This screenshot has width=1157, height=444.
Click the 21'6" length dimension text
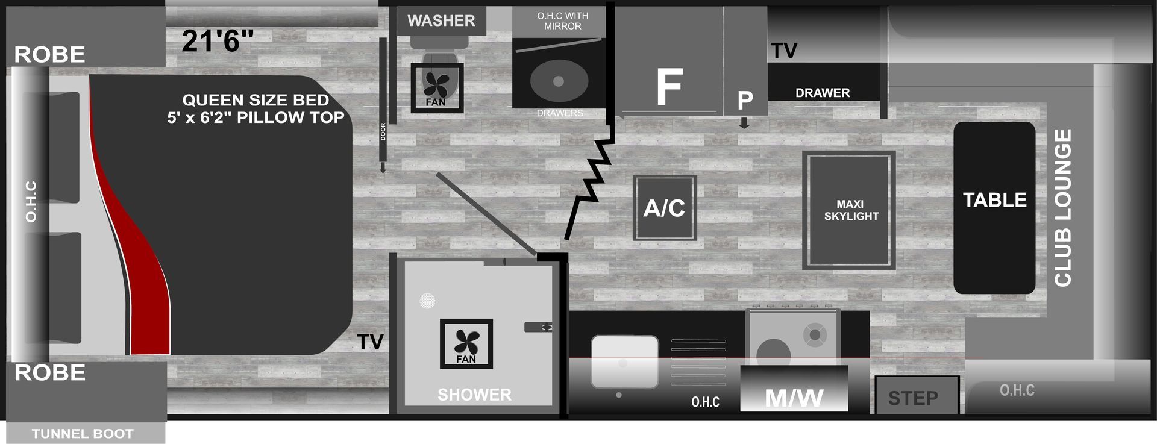tap(218, 41)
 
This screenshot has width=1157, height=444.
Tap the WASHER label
tap(441, 20)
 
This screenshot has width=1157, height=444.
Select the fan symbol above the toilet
tap(437, 88)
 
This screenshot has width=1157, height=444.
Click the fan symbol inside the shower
tap(466, 343)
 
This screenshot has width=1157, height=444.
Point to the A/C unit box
tap(665, 208)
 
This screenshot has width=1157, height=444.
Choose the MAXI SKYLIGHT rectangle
tap(848, 210)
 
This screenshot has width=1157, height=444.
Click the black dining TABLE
tap(994, 208)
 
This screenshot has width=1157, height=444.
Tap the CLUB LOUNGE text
tap(1062, 208)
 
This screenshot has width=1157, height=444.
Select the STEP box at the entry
tap(917, 395)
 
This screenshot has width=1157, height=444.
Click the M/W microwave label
tap(794, 398)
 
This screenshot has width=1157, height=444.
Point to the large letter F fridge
tap(669, 87)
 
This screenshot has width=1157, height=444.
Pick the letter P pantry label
tap(745, 101)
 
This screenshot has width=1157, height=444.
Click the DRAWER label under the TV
tap(823, 93)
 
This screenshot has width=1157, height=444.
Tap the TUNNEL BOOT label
tap(83, 434)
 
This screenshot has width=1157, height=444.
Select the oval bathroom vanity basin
tap(558, 81)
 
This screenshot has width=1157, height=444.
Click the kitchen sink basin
tap(625, 361)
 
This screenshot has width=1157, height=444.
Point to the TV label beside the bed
tap(370, 342)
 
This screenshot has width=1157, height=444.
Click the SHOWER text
tap(474, 395)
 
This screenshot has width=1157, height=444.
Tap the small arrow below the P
tap(744, 123)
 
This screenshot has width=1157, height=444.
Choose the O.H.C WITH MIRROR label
tap(562, 21)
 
